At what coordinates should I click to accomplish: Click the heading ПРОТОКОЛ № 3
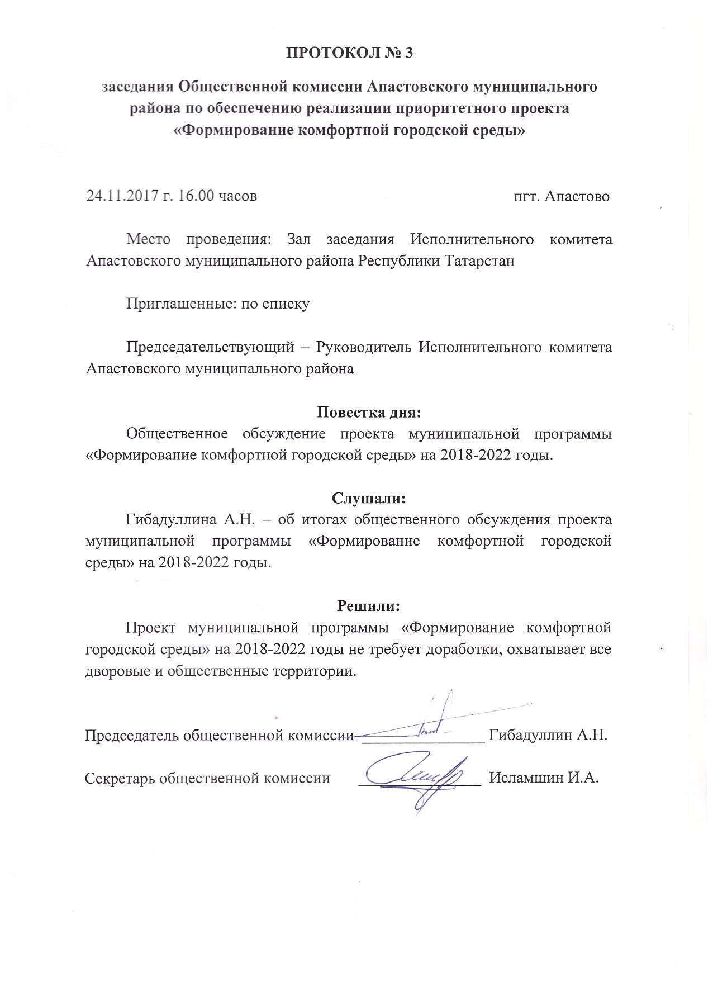pos(349,53)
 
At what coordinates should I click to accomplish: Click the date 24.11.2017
pos(120,196)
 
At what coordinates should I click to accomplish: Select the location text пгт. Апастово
pos(561,196)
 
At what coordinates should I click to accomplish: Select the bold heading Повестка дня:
pos(368,413)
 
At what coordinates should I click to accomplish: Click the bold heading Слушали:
pos(368,498)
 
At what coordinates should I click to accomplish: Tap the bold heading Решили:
pos(368,605)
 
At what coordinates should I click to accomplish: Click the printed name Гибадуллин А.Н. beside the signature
pos(548,734)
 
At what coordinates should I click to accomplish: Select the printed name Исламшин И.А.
pos(544,778)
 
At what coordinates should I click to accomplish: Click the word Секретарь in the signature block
pos(120,778)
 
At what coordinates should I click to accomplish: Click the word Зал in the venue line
pos(298,239)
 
